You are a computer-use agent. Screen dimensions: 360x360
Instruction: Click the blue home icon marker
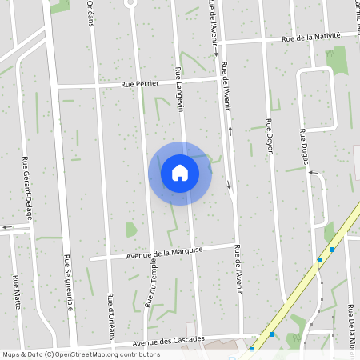click(180, 172)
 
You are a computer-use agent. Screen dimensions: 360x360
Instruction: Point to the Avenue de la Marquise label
click(165, 253)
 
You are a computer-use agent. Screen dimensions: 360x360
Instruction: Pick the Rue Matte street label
click(16, 292)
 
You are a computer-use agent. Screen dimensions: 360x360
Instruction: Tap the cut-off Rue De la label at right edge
click(352, 325)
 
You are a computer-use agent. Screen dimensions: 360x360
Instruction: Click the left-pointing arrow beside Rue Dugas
click(313, 172)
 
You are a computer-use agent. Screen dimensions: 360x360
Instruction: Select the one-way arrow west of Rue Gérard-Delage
click(7, 227)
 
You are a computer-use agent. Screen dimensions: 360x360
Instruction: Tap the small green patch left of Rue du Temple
click(130, 230)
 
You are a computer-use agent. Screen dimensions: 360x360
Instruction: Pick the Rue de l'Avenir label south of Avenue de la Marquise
click(238, 279)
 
